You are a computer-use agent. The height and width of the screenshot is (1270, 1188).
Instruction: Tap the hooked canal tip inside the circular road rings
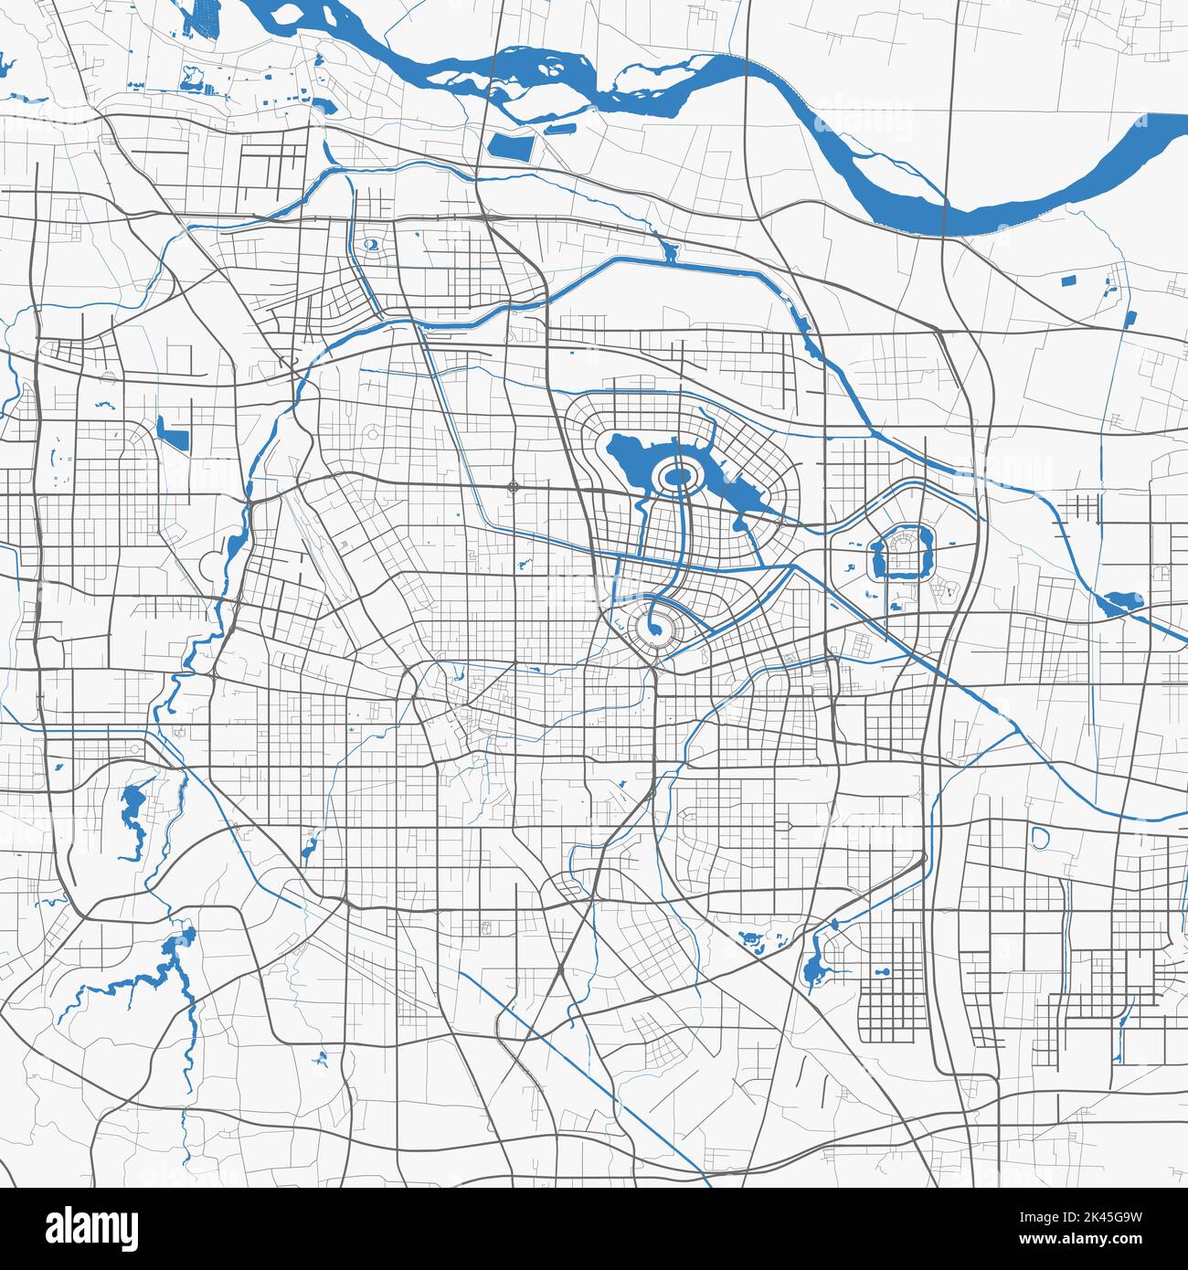click(654, 625)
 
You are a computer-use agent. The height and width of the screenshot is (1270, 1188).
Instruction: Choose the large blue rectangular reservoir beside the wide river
click(512, 145)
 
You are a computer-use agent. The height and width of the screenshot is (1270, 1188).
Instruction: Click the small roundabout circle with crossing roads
click(513, 486)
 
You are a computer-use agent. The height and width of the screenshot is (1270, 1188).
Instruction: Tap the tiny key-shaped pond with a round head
click(883, 971)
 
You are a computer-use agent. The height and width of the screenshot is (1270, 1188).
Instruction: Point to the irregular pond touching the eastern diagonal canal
click(1120, 603)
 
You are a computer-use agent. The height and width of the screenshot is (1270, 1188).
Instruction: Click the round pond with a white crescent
click(372, 244)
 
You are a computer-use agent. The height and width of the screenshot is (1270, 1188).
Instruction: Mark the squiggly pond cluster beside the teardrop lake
click(754, 939)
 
